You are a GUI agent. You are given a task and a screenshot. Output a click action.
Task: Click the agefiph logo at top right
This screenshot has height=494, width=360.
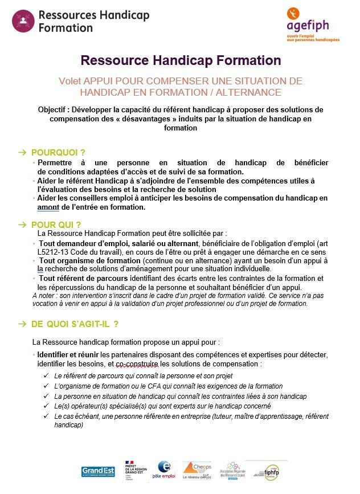pos(312,25)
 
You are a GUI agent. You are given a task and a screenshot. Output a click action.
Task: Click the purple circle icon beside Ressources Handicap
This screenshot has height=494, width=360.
pos(23,21)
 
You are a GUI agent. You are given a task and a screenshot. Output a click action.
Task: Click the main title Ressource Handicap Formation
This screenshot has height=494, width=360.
pos(181,60)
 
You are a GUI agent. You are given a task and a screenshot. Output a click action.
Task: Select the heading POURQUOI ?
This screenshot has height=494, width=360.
pos(58,152)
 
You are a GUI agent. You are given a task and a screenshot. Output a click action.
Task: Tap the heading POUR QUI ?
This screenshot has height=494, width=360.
pos(56,224)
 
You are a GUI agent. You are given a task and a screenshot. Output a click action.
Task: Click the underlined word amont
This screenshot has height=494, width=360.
pos(48,207)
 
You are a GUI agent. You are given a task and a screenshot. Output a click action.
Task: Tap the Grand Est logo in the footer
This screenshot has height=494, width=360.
pos(98,471)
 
